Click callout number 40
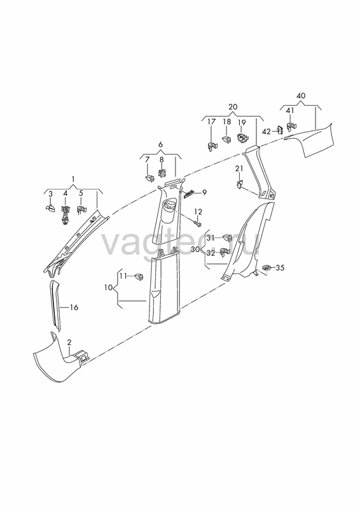pos(301,96)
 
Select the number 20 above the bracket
pos(233,106)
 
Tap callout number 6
pos(160,145)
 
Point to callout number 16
pos(74,307)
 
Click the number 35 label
pos(280,268)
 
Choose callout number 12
pos(198,212)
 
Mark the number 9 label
pos(204,193)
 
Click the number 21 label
pos(239,168)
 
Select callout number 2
pos(69,342)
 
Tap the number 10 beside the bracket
pos(108,288)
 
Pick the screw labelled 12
pos(197,224)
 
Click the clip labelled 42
pos(279,130)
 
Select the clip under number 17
pos(211,146)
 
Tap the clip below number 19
pos(242,138)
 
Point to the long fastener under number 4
pos(66,215)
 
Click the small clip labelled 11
pos(139,277)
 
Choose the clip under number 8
pos(162,172)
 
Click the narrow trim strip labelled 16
pos(55,306)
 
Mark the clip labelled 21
pos(240,185)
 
